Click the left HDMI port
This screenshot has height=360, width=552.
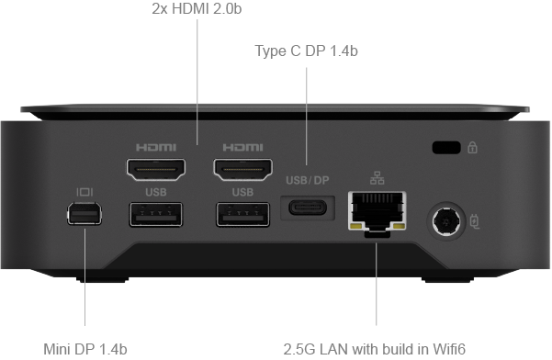click(156, 169)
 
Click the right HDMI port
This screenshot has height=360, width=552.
click(242, 169)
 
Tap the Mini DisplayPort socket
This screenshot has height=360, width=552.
click(84, 213)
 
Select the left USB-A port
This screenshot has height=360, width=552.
click(156, 214)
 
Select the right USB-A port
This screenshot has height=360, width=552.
click(242, 214)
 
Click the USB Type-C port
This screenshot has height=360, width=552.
click(308, 208)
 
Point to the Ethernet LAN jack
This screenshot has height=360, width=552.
click(377, 212)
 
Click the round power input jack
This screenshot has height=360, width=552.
click(447, 221)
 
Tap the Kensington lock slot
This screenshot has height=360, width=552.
click(446, 148)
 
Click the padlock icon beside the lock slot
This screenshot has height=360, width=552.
click(472, 147)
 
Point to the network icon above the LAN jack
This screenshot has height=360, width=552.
click(377, 178)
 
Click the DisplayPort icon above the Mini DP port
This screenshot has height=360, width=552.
click(84, 192)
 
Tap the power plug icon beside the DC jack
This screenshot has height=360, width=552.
click(475, 221)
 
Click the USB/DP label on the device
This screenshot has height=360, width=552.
click(308, 181)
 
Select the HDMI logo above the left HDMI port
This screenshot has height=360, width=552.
click(156, 148)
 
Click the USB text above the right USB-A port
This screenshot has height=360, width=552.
click(242, 192)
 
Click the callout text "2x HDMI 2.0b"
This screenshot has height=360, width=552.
click(197, 9)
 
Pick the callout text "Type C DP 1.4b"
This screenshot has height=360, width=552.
click(306, 51)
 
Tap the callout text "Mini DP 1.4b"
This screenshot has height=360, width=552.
click(85, 350)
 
